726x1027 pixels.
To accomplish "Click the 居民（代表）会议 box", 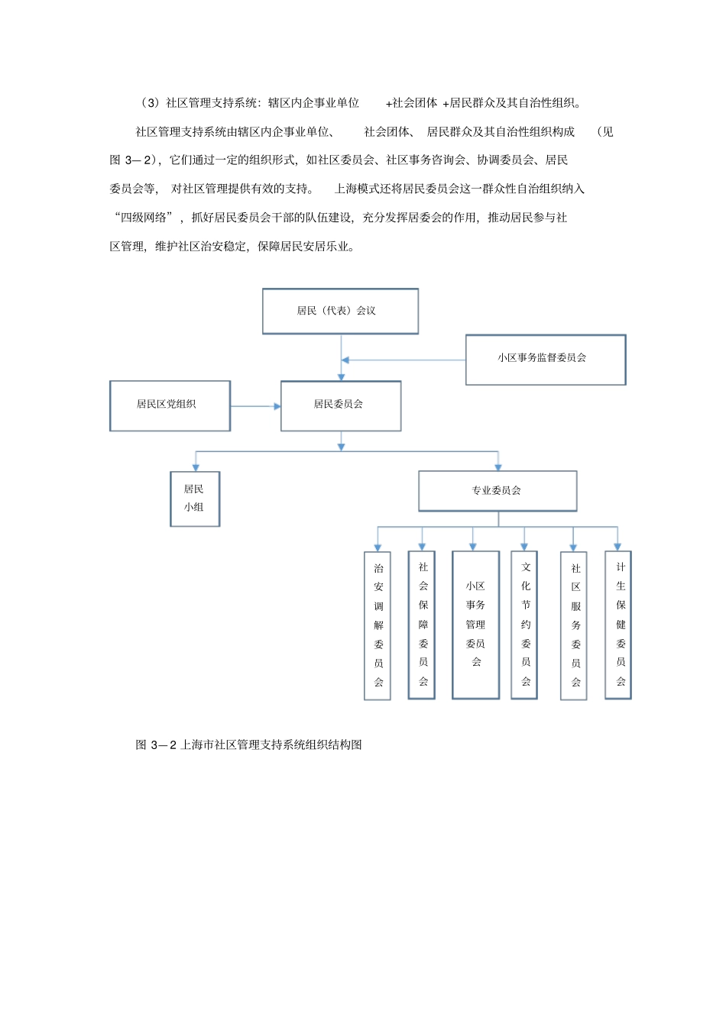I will point(340,311).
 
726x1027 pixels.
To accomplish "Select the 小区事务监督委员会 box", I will point(545,359).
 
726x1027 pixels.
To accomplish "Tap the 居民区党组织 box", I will point(170,405).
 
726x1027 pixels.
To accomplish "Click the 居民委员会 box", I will point(341,405).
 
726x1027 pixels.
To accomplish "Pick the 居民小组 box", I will point(195,499).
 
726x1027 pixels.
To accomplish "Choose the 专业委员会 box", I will point(498,491).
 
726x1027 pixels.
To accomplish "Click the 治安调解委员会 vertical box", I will point(378,625).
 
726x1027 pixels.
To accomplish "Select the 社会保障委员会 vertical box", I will point(422,625).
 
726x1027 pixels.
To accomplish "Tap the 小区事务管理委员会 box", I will point(475,625).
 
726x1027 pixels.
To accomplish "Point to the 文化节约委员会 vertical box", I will point(524,625).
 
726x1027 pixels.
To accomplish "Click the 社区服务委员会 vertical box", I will point(574,625).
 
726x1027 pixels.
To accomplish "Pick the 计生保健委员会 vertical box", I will point(618,625).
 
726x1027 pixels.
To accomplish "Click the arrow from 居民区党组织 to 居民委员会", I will point(255,406).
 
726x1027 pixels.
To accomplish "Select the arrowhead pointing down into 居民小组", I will point(196,467).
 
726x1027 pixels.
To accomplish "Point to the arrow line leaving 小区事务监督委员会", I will point(405,360).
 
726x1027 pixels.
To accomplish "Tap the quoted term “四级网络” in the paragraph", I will point(144,218).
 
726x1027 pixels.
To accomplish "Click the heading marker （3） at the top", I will point(149,103).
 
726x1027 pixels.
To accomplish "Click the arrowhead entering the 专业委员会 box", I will point(498,466).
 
